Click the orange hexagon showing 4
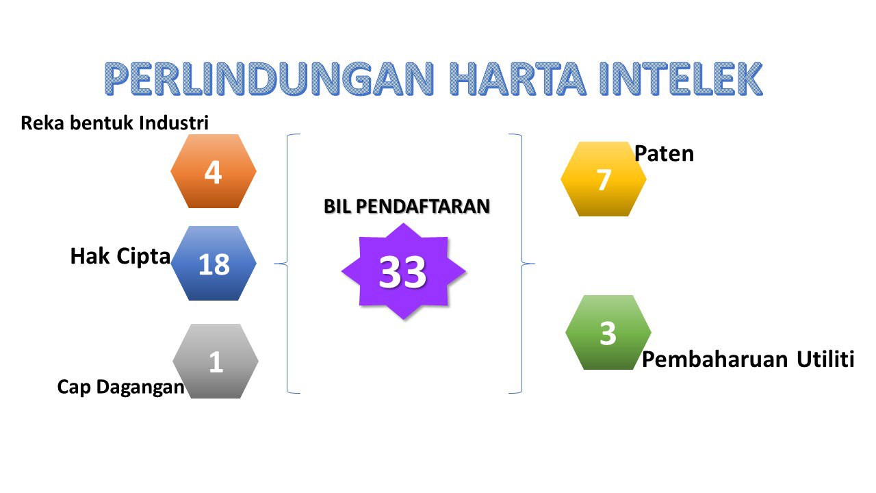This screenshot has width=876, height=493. (x=214, y=171)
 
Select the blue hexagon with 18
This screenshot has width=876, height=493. (x=214, y=264)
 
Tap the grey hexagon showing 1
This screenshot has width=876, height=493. (x=216, y=361)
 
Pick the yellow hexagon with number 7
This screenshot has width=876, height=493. (x=604, y=179)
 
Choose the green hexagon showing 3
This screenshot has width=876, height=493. (x=608, y=332)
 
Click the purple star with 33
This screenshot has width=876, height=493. (x=404, y=271)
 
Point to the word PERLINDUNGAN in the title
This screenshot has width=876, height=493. (x=269, y=79)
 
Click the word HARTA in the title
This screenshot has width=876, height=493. (x=517, y=79)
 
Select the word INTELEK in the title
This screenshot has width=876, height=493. (x=681, y=79)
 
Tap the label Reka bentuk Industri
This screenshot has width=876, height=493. (x=114, y=123)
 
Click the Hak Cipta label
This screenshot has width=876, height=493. (x=120, y=257)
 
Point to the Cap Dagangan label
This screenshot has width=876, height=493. (x=121, y=387)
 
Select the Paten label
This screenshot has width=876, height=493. (x=664, y=153)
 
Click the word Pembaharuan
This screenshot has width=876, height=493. (x=715, y=359)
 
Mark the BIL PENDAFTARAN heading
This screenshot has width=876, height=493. (x=407, y=206)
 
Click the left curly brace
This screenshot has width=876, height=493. (x=287, y=264)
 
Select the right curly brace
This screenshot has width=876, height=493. (x=521, y=264)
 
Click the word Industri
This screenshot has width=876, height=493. (x=174, y=123)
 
